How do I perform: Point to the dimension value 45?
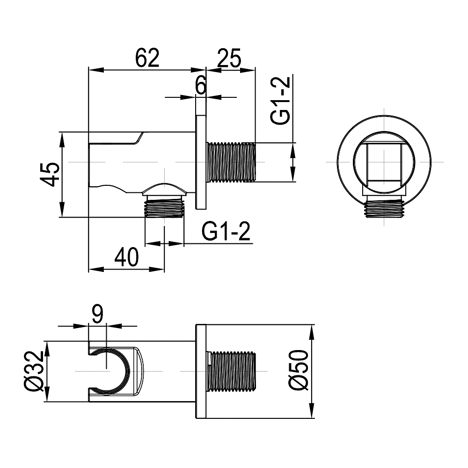[50, 175]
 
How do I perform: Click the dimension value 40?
[126, 257]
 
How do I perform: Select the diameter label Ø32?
[34, 371]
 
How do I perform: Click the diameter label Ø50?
[298, 370]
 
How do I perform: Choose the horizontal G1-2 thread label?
[226, 231]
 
